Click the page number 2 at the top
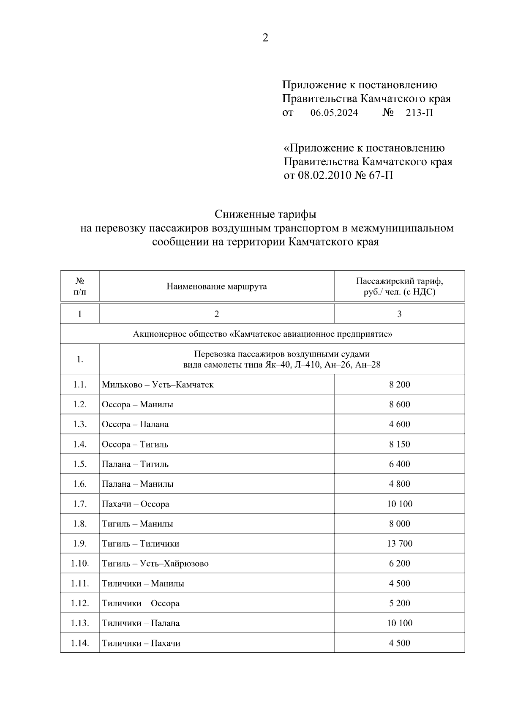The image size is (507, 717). (x=265, y=38)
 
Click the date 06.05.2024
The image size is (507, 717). (x=334, y=113)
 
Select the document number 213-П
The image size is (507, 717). (x=419, y=113)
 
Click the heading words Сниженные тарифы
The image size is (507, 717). (x=265, y=214)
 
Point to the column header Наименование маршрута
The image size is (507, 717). (x=216, y=286)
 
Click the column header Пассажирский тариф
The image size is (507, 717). (x=399, y=281)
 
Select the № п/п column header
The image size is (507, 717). (x=80, y=286)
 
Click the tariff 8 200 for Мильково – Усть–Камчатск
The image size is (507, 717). (x=399, y=384)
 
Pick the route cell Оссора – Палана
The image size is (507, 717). (x=135, y=424)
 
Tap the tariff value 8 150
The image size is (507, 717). (x=399, y=444)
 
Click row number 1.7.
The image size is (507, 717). (x=80, y=504)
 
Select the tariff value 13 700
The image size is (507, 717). (x=399, y=543)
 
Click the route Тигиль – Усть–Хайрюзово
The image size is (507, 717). (x=155, y=563)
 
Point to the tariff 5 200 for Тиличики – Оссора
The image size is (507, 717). (x=399, y=603)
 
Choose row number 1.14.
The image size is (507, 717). (x=80, y=643)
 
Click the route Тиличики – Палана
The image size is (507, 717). (x=141, y=623)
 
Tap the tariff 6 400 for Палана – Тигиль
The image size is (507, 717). (x=399, y=464)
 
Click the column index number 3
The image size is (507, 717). (x=399, y=314)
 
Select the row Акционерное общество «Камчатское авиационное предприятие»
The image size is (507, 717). (x=262, y=334)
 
